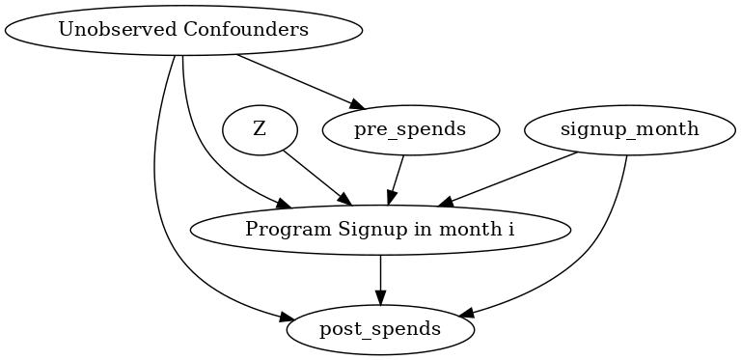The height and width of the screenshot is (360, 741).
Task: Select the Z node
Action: (x=260, y=130)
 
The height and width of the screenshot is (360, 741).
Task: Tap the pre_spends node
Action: (x=411, y=130)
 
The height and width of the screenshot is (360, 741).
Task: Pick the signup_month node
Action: (x=629, y=130)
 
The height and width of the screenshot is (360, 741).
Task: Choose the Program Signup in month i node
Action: (x=380, y=230)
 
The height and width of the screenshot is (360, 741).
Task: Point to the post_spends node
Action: (x=380, y=329)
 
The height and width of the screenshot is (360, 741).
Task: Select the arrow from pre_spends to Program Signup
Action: (x=397, y=178)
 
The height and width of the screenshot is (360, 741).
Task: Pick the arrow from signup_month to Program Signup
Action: (x=511, y=179)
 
